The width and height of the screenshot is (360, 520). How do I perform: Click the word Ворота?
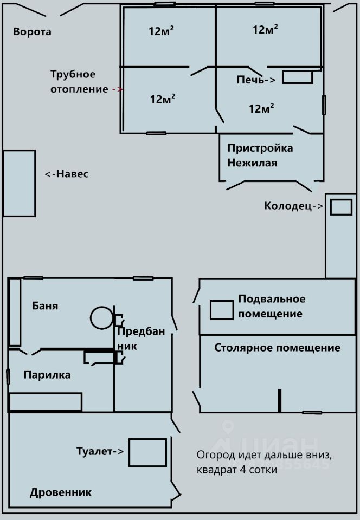(x=32, y=31)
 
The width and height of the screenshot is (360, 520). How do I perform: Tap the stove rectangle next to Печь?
(x=297, y=77)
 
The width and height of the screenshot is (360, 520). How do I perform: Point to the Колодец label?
(x=291, y=206)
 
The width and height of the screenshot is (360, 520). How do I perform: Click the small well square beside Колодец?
(x=341, y=207)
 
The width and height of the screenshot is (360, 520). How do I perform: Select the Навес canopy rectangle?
(x=20, y=183)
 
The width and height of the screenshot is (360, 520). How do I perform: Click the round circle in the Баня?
(x=101, y=317)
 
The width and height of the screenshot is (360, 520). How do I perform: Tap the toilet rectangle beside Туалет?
(x=147, y=452)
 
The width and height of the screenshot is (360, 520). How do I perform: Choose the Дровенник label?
(x=61, y=492)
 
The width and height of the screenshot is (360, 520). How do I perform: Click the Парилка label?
(x=47, y=375)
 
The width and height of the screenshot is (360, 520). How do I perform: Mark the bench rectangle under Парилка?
(x=46, y=402)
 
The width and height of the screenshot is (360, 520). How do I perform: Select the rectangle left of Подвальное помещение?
(x=222, y=309)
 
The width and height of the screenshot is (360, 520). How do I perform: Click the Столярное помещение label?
(x=277, y=348)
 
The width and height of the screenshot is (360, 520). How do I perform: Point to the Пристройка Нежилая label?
(x=260, y=155)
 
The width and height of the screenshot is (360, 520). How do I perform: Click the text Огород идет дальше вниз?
(x=263, y=455)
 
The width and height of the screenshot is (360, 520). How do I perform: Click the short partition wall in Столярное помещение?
(x=280, y=400)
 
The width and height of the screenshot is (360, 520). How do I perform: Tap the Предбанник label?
(x=137, y=338)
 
